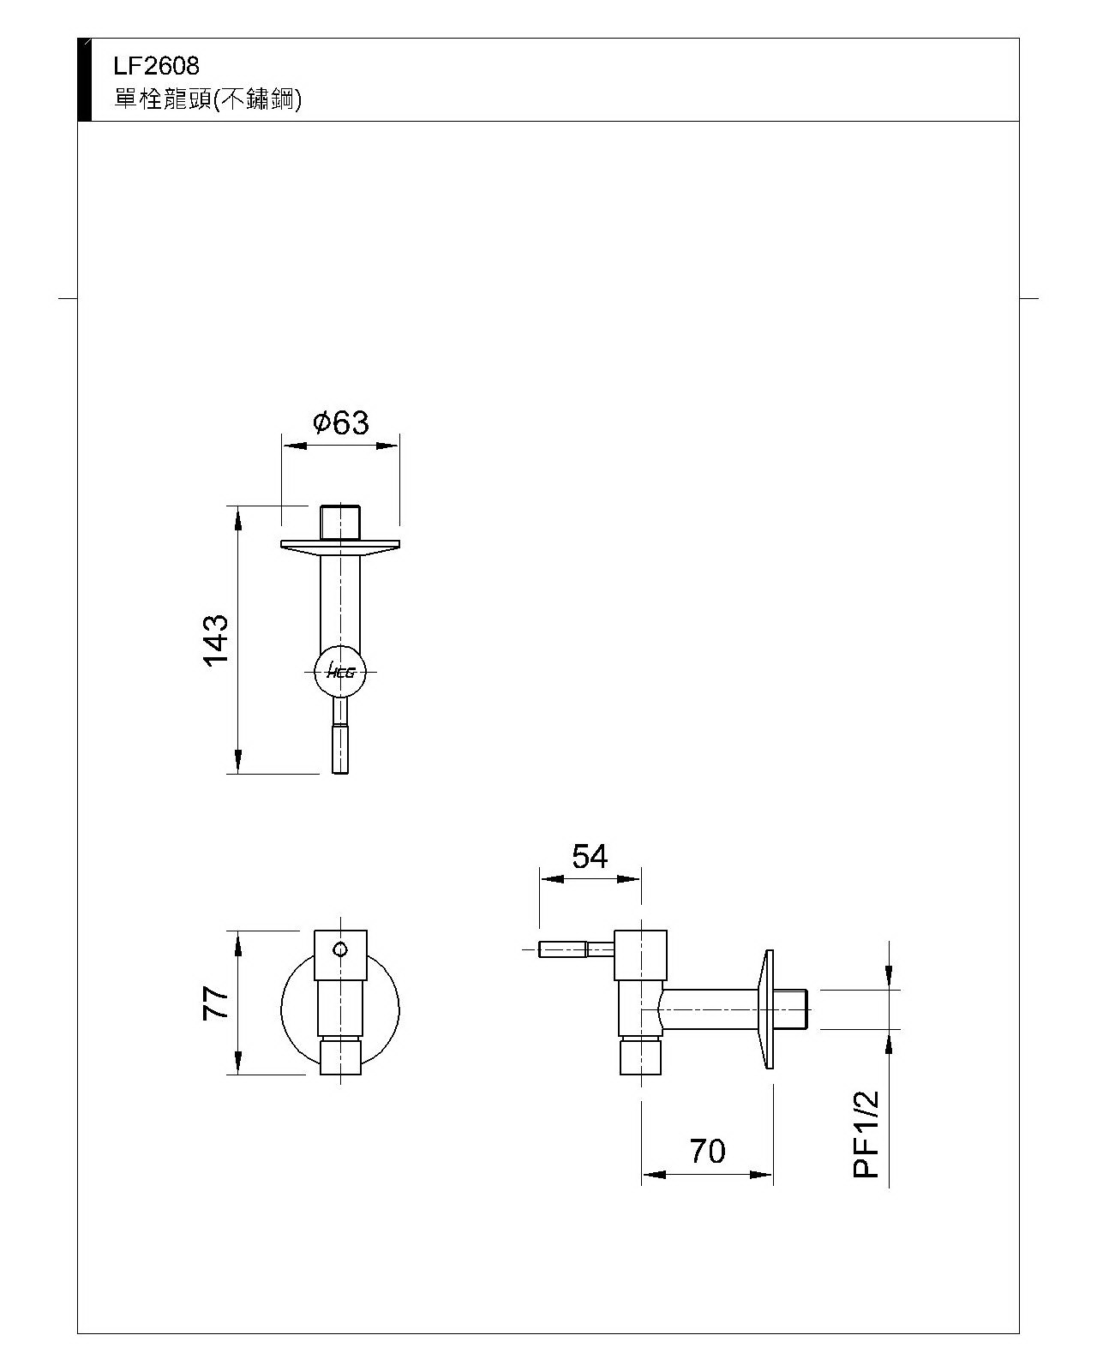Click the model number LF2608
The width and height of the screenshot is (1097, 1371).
pyautogui.click(x=156, y=65)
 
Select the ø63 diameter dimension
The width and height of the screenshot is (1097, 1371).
pyautogui.click(x=341, y=422)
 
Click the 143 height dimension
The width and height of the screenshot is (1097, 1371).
pyautogui.click(x=215, y=639)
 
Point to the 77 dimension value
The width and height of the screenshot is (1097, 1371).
pyautogui.click(x=215, y=1003)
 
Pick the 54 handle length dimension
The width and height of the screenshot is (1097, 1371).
pyautogui.click(x=590, y=856)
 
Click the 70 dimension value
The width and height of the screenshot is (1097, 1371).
pyautogui.click(x=707, y=1152)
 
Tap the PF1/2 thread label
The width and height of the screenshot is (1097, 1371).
pyautogui.click(x=867, y=1135)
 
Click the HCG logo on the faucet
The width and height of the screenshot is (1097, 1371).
pyautogui.click(x=341, y=673)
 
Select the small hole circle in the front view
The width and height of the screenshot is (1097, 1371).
pyautogui.click(x=340, y=949)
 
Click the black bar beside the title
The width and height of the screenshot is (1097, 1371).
pyautogui.click(x=84, y=79)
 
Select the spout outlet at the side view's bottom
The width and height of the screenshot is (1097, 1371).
pyautogui.click(x=642, y=1057)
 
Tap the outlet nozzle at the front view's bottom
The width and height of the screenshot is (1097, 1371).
pyautogui.click(x=340, y=1057)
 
